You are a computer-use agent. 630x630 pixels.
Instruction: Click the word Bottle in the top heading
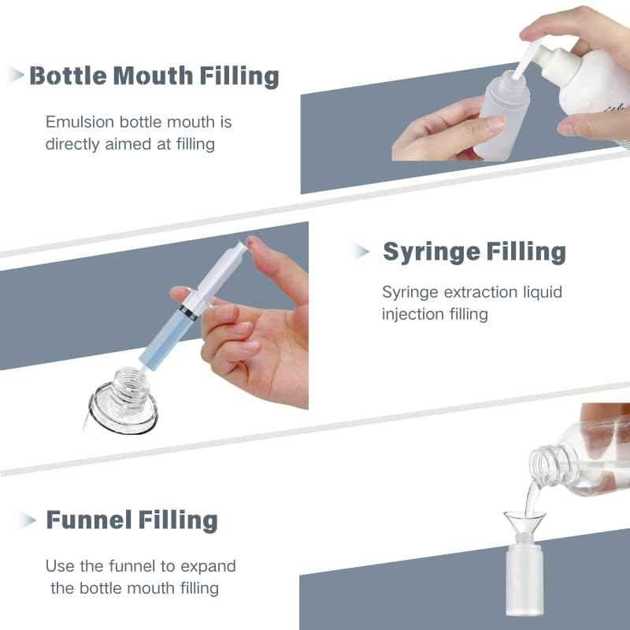tap(68, 76)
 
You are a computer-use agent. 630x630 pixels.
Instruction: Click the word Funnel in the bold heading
tap(88, 521)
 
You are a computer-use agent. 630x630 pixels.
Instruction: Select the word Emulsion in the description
tap(79, 123)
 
